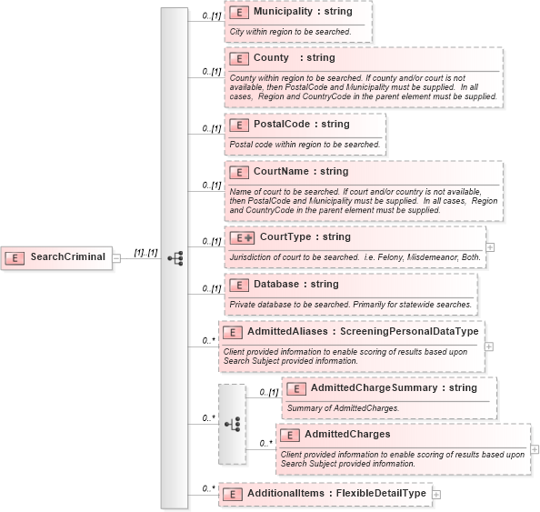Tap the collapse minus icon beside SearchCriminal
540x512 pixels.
pos(116,257)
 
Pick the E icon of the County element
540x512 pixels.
pos(240,58)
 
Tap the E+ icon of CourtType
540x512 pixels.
pos(242,237)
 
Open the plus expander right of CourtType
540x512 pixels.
pos(490,246)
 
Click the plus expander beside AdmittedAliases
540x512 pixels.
pos(489,346)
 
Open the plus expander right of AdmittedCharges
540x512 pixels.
pos(535,448)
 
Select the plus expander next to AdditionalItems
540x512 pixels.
pos(436,494)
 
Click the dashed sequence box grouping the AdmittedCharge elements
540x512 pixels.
pos(232,424)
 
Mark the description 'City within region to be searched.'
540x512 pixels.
pos(290,32)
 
